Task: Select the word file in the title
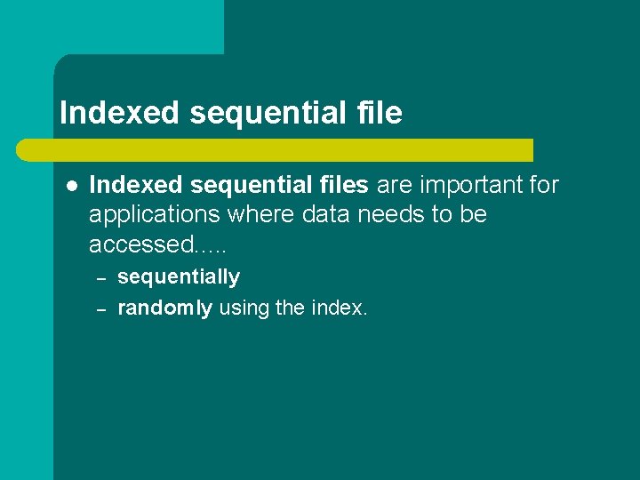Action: click(383, 113)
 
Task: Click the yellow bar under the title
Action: click(293, 150)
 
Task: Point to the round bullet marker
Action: click(71, 186)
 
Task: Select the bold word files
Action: click(345, 186)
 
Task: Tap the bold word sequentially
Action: click(179, 277)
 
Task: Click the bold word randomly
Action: click(164, 308)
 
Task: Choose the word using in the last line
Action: click(244, 308)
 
